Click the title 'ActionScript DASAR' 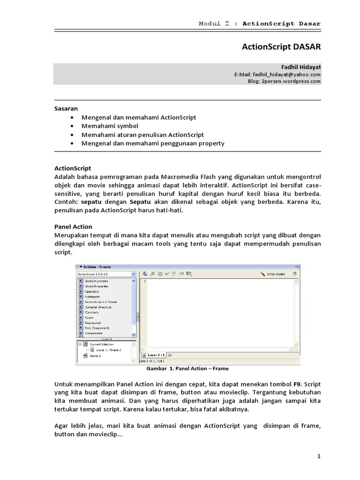281,47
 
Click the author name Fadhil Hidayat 301,67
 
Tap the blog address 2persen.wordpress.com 284,81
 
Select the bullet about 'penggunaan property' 153,143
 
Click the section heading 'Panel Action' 73,226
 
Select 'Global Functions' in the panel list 96,281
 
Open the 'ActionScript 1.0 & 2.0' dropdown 106,274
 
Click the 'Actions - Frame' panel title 97,266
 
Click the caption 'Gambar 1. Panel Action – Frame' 187,369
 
